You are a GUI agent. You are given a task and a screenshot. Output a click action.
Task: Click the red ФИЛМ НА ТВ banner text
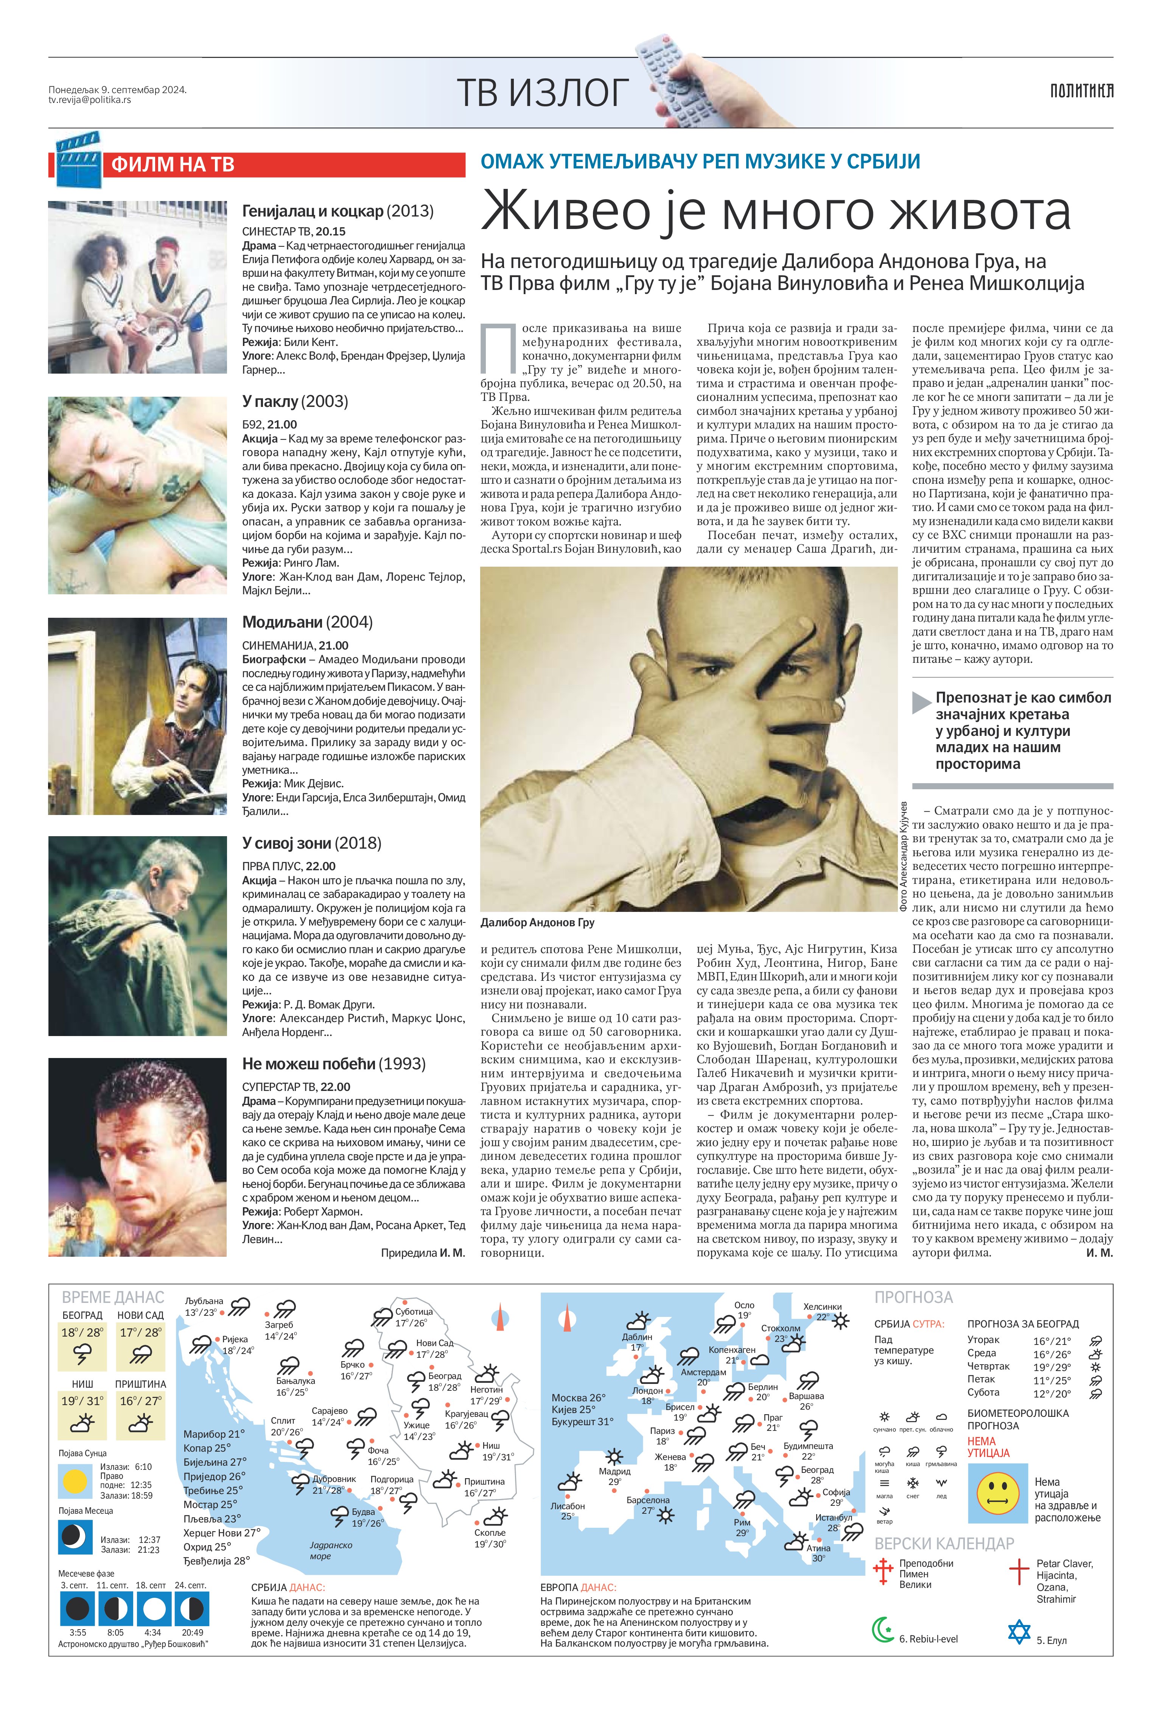(x=173, y=164)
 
